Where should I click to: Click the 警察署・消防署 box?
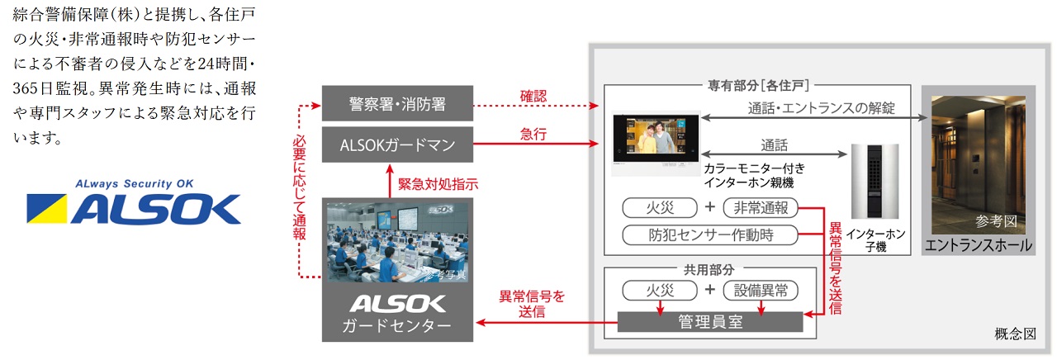397,104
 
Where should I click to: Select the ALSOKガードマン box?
397,144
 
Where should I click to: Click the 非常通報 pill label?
756,207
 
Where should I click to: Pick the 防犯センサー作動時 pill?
710,234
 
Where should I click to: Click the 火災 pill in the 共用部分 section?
660,291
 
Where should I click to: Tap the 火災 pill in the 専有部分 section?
660,207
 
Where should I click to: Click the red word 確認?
533,95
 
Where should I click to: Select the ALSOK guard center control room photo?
397,240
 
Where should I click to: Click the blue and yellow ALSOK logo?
133,208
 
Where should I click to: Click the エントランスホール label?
979,245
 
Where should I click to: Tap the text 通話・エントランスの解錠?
821,108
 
